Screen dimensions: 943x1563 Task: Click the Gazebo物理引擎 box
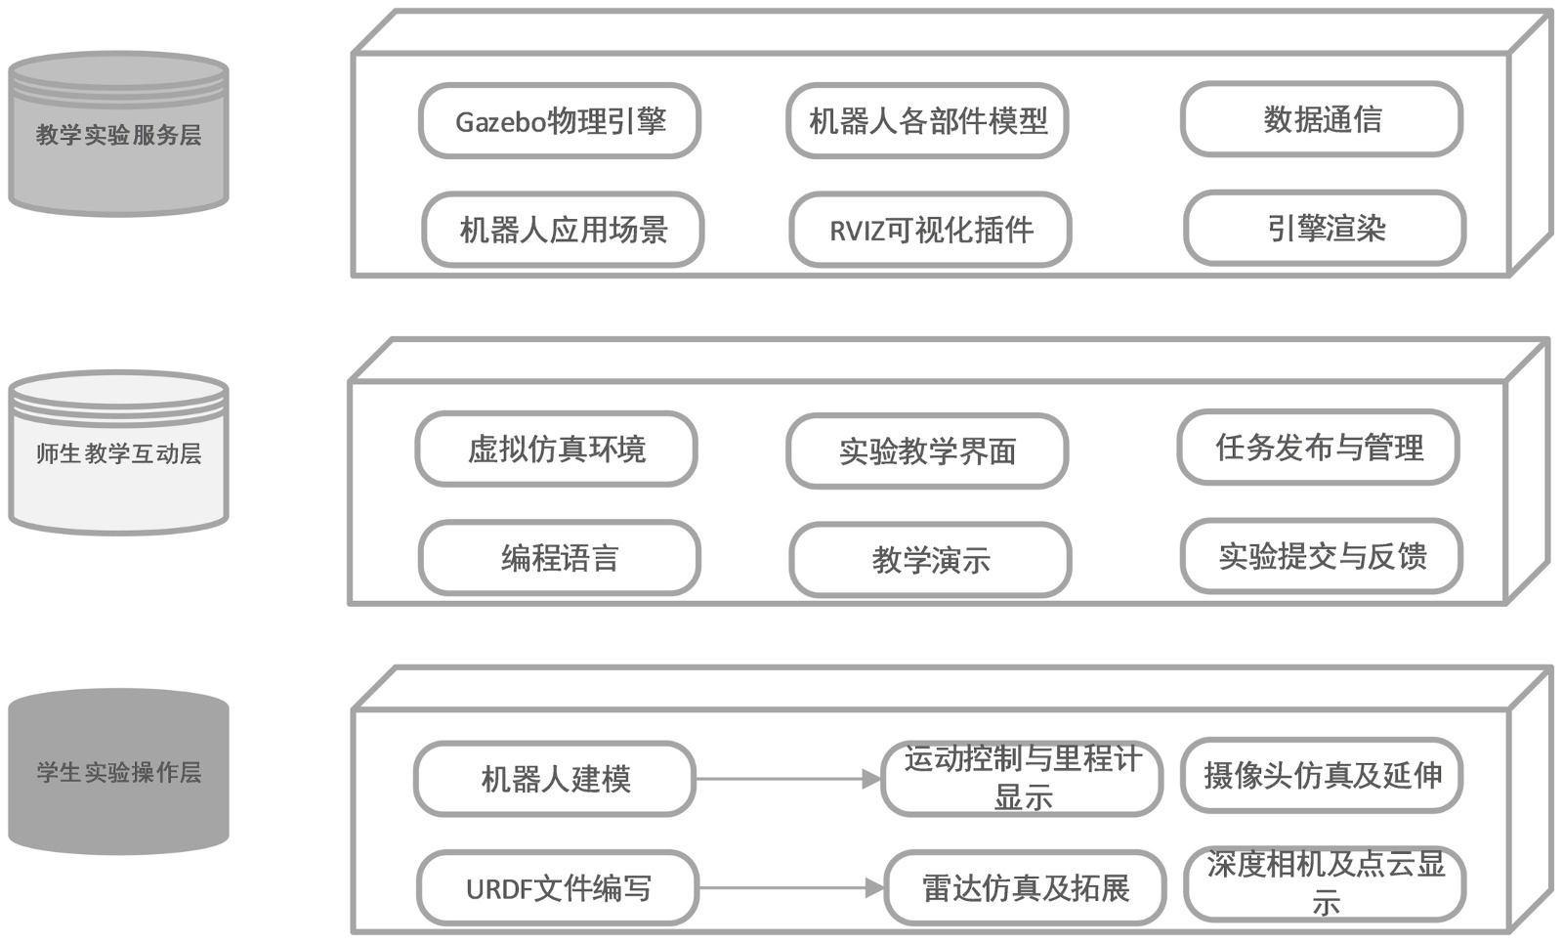[x=560, y=120]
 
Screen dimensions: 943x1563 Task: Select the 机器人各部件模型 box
[x=927, y=120]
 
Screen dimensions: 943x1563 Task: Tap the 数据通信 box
[x=1322, y=119]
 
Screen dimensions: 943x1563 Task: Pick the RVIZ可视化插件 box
[x=930, y=230]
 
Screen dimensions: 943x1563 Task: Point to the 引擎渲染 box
[x=1325, y=228]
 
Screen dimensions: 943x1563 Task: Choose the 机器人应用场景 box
[x=563, y=230]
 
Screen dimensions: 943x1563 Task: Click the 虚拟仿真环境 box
[x=556, y=449]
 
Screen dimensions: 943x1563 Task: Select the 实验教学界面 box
[x=927, y=450]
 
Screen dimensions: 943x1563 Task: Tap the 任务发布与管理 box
[x=1318, y=447]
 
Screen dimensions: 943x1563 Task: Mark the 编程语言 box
[x=560, y=558]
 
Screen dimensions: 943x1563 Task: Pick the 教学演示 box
[x=930, y=560]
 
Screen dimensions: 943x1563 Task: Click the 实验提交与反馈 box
[x=1322, y=556]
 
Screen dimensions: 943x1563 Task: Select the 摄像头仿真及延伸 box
[x=1322, y=776]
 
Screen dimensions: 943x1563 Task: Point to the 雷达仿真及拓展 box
[x=1025, y=887]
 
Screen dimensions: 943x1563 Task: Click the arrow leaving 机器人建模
[x=787, y=779]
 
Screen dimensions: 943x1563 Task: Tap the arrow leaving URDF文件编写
[x=790, y=888]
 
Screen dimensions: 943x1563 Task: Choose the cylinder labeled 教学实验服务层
[x=118, y=134]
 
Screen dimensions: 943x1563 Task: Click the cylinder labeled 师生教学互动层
[x=118, y=452]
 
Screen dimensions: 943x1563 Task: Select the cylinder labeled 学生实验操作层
[x=118, y=772]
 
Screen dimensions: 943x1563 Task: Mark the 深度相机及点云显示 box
[x=1325, y=882]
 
